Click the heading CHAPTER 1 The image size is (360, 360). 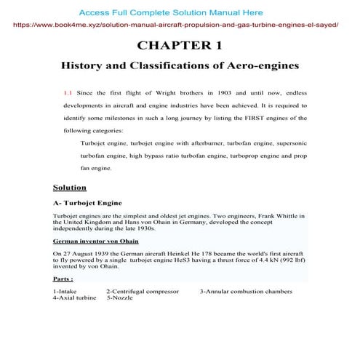click(180, 45)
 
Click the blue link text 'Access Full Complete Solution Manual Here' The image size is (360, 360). click(171, 13)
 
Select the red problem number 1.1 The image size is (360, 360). click(69, 93)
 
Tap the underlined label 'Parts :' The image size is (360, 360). click(63, 279)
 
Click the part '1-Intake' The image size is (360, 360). click(67, 291)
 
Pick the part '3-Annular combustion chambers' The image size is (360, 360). click(246, 291)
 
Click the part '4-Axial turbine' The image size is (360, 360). click(75, 297)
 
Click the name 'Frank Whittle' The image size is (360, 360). click(266, 216)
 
